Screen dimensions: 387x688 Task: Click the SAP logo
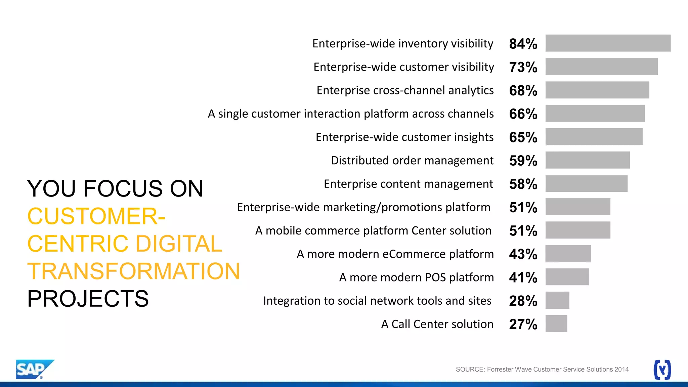point(34,369)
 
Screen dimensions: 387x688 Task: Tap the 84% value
point(523,44)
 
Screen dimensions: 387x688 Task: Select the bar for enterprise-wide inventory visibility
point(608,43)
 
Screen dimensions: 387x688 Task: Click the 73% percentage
point(523,67)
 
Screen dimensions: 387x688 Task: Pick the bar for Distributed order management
point(587,160)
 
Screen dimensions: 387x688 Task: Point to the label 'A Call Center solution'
point(437,324)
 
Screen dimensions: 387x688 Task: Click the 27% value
point(523,324)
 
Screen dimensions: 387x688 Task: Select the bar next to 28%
point(557,300)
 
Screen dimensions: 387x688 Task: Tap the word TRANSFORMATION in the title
point(134,271)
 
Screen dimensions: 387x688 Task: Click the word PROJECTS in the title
point(88,299)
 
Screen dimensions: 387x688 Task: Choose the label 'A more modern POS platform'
point(416,277)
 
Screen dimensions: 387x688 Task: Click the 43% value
point(523,254)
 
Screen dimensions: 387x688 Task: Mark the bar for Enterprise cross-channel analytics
point(597,90)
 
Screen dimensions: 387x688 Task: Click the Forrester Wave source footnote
point(542,370)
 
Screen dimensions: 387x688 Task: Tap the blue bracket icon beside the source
point(662,370)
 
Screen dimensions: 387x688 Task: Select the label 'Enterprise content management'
point(408,184)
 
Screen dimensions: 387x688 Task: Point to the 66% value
point(523,114)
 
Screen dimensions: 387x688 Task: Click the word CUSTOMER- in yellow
point(96,216)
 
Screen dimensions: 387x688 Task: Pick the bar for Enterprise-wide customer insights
point(594,137)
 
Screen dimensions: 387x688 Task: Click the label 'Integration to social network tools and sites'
point(377,301)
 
